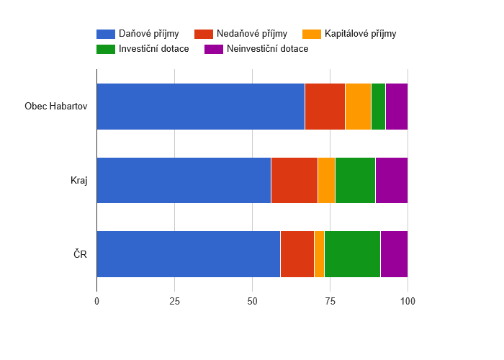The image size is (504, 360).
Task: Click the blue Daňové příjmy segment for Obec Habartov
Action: (200, 107)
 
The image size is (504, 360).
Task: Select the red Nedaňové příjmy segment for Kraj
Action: (294, 180)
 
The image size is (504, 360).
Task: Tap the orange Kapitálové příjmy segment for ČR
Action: (319, 254)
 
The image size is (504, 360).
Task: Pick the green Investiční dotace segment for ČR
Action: (352, 254)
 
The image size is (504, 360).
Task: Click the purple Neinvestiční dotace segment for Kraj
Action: (391, 180)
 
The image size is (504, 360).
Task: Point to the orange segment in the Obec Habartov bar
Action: (358, 107)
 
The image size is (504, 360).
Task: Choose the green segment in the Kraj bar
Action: (355, 180)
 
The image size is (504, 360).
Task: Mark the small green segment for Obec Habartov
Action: (378, 107)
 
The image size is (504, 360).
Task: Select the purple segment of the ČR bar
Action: (394, 254)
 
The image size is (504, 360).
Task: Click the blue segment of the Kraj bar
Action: (184, 180)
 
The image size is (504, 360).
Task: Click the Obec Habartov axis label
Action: (55, 107)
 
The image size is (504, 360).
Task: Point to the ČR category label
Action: (81, 254)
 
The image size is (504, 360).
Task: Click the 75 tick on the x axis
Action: (330, 301)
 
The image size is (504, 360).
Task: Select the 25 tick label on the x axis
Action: (174, 301)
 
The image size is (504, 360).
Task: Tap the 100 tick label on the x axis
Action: (408, 301)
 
